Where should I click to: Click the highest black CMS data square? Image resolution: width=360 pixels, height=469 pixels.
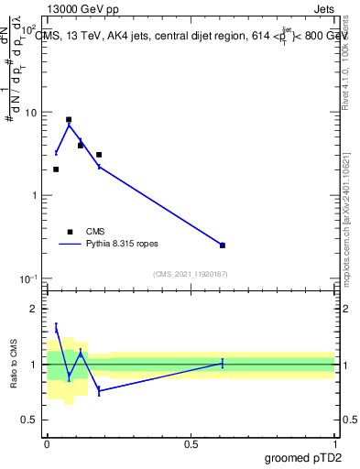pos(69,120)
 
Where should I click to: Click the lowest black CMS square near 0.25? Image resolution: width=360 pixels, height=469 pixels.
pos(223,245)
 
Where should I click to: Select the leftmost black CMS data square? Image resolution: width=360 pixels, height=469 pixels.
pos(56,169)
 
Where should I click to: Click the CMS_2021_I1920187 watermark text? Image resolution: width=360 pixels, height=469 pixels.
pos(190,273)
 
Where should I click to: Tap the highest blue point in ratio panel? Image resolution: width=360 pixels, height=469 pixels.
pos(56,327)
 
